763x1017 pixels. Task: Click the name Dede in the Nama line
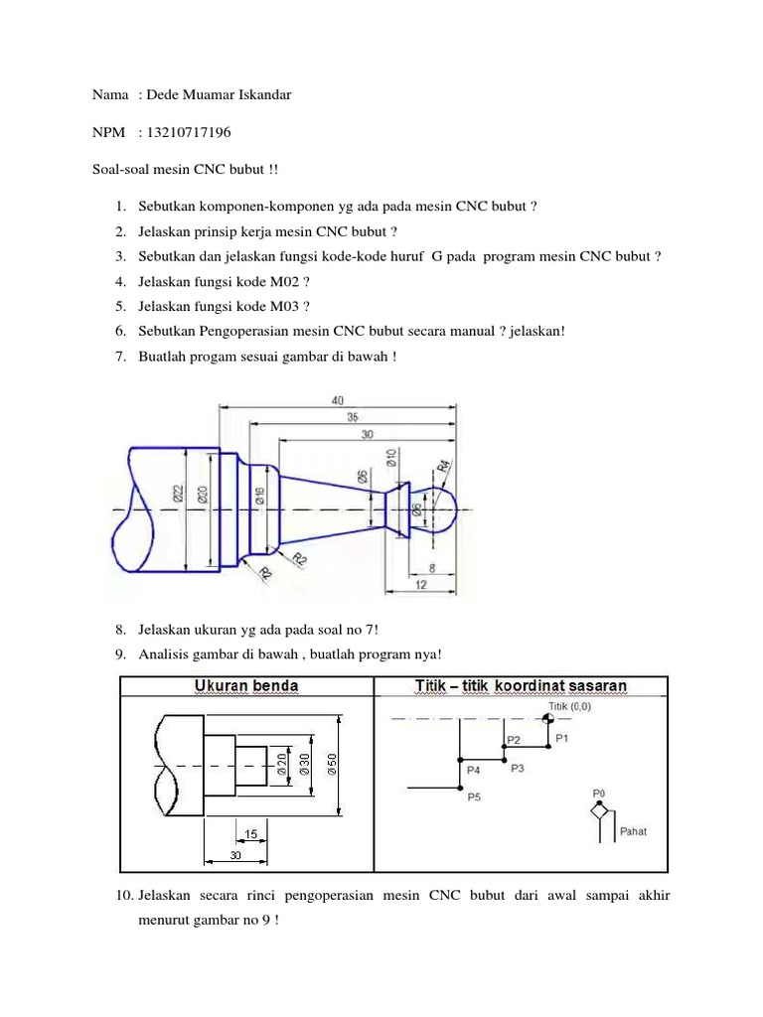coord(165,95)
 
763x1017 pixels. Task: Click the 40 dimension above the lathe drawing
coord(338,400)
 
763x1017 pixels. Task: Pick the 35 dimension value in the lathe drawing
coord(353,418)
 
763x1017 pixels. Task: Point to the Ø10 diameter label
coord(391,459)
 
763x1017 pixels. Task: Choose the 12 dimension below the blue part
coord(421,586)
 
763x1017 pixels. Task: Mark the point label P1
coord(562,738)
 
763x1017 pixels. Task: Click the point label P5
coord(474,797)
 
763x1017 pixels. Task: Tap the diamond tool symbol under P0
coord(599,811)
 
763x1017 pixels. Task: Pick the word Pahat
coord(633,831)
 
